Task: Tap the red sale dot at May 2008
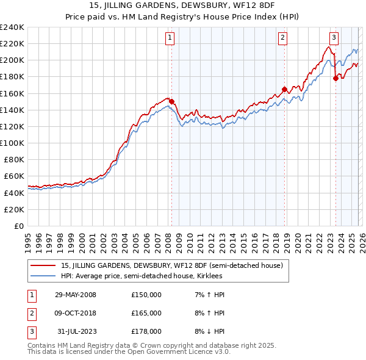click(171, 102)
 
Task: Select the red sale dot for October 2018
click(284, 90)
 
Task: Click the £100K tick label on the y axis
click(12, 143)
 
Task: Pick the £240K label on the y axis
click(12, 27)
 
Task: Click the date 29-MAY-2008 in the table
click(76, 295)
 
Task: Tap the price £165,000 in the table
click(146, 313)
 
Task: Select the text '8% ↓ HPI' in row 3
click(209, 331)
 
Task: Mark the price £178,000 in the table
click(146, 331)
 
